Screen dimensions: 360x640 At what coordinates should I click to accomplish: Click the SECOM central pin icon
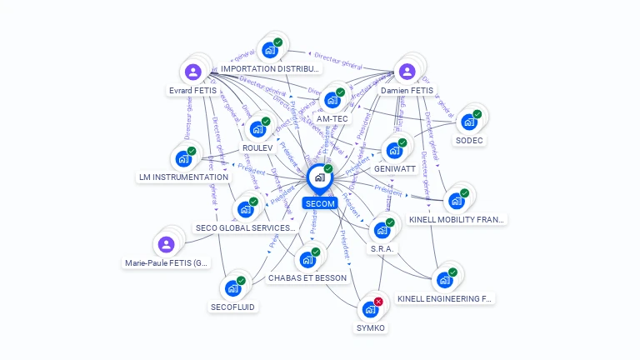319,178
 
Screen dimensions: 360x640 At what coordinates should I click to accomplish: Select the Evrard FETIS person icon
193,72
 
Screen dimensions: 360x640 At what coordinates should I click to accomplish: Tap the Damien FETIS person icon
407,72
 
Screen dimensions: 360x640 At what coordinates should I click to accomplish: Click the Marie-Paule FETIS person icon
167,244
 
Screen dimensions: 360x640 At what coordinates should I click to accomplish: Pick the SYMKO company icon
371,309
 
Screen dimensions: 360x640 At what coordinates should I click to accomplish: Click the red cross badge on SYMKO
378,302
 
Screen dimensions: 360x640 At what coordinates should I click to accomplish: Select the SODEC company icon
469,122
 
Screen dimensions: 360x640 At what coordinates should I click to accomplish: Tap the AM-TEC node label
332,118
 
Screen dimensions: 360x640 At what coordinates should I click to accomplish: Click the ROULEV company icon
257,129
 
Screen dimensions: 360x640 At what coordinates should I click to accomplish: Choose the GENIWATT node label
395,168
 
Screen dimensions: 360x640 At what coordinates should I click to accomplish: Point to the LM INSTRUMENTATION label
183,177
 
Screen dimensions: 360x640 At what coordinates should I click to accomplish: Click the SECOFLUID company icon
232,288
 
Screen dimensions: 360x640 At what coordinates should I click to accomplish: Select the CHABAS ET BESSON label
307,277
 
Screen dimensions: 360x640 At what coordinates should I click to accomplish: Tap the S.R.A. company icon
382,229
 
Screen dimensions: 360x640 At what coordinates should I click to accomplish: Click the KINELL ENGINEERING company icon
445,279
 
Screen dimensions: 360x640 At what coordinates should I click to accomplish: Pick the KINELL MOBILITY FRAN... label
457,220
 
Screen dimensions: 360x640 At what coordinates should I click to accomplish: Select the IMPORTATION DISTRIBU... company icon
270,50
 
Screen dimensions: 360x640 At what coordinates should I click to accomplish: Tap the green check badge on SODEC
477,113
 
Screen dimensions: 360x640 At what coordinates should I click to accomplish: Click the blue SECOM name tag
320,203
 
